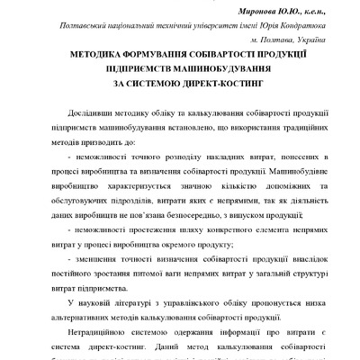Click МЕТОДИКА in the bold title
(87, 56)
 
